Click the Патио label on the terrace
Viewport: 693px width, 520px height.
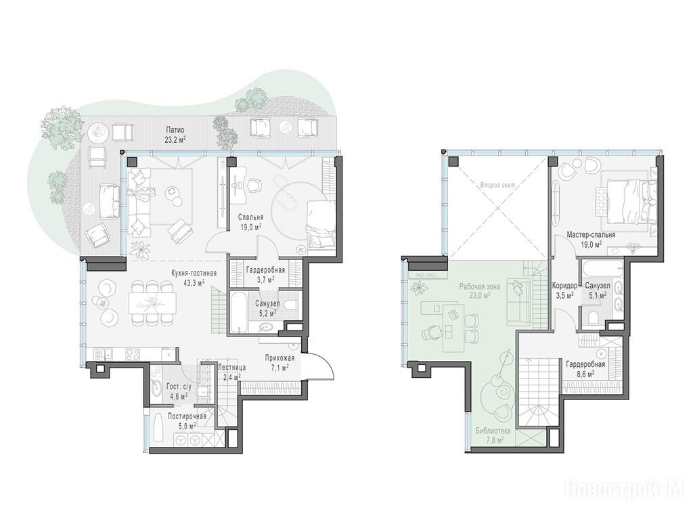point(175,130)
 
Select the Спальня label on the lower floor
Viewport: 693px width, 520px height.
point(250,217)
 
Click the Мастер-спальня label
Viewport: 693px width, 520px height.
point(591,235)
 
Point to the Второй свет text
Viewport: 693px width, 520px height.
point(497,186)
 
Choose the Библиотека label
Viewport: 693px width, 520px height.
point(493,431)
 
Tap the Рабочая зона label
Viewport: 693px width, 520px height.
point(480,286)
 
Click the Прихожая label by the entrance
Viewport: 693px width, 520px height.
point(280,358)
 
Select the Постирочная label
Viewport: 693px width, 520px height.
point(187,416)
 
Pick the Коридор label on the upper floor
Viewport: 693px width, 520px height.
point(565,286)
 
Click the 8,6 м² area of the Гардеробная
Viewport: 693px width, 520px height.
point(585,373)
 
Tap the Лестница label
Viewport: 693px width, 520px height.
point(232,368)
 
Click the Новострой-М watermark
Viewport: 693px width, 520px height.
point(628,490)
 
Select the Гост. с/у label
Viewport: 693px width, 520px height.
point(179,386)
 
